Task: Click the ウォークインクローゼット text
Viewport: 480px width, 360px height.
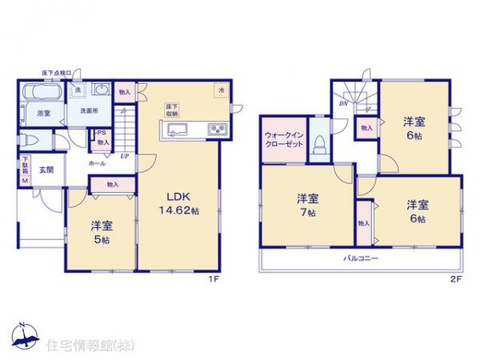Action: (x=284, y=141)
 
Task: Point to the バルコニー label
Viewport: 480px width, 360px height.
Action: (x=361, y=259)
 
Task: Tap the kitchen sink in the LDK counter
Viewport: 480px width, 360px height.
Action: (x=178, y=131)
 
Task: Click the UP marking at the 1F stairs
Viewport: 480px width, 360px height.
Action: (x=124, y=157)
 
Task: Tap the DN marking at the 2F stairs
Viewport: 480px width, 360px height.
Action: (x=343, y=103)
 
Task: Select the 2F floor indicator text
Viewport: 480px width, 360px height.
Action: (x=456, y=279)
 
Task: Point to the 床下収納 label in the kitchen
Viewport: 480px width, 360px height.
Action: (x=171, y=110)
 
